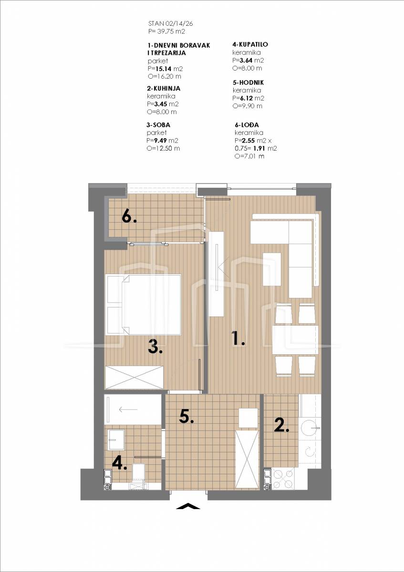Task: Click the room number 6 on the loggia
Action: coord(129,217)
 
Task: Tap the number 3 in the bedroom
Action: coord(155,347)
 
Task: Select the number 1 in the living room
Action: coord(238,338)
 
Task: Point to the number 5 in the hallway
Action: coord(186,417)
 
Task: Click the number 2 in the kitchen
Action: coord(281,425)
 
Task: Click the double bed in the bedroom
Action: coord(144,305)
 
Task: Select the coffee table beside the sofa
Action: coord(272,269)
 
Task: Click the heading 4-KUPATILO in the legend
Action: coord(250,44)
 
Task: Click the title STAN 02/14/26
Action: coord(170,24)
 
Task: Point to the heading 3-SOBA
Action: coord(158,125)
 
